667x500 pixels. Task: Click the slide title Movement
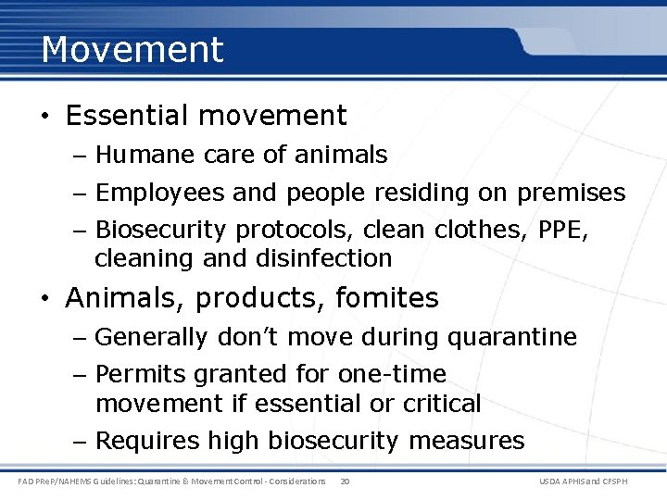pos(132,49)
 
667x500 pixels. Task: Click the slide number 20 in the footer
pos(345,481)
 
